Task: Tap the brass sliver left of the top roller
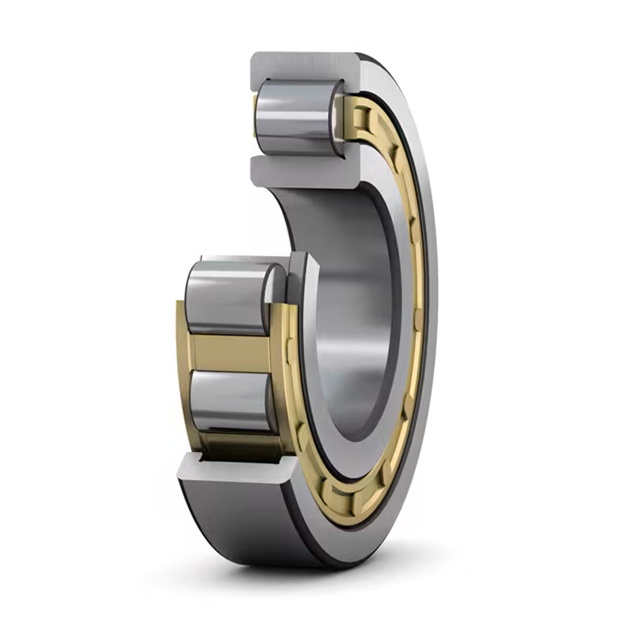(254, 118)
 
